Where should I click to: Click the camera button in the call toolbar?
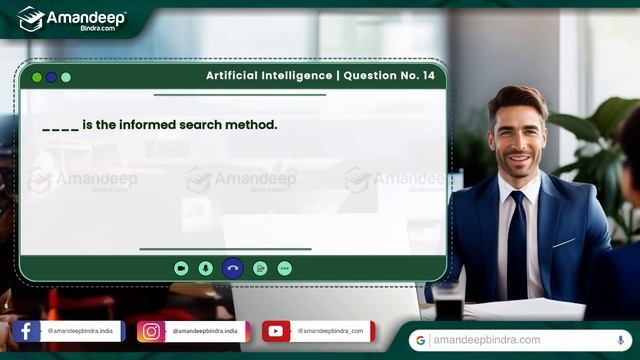click(x=181, y=268)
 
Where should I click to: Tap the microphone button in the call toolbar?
click(x=205, y=268)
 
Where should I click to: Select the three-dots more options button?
click(x=284, y=268)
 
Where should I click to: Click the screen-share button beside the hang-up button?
click(x=260, y=268)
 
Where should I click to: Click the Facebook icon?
click(x=25, y=331)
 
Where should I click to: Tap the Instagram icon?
click(x=151, y=331)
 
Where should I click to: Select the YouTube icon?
click(x=276, y=331)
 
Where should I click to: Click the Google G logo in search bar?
click(x=421, y=340)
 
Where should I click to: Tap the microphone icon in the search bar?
click(x=621, y=340)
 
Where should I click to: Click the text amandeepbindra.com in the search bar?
click(x=487, y=340)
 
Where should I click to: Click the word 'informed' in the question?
click(x=153, y=125)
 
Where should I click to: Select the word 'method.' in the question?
click(x=253, y=125)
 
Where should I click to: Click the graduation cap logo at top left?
click(x=32, y=17)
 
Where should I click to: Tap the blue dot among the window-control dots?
click(x=51, y=77)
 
